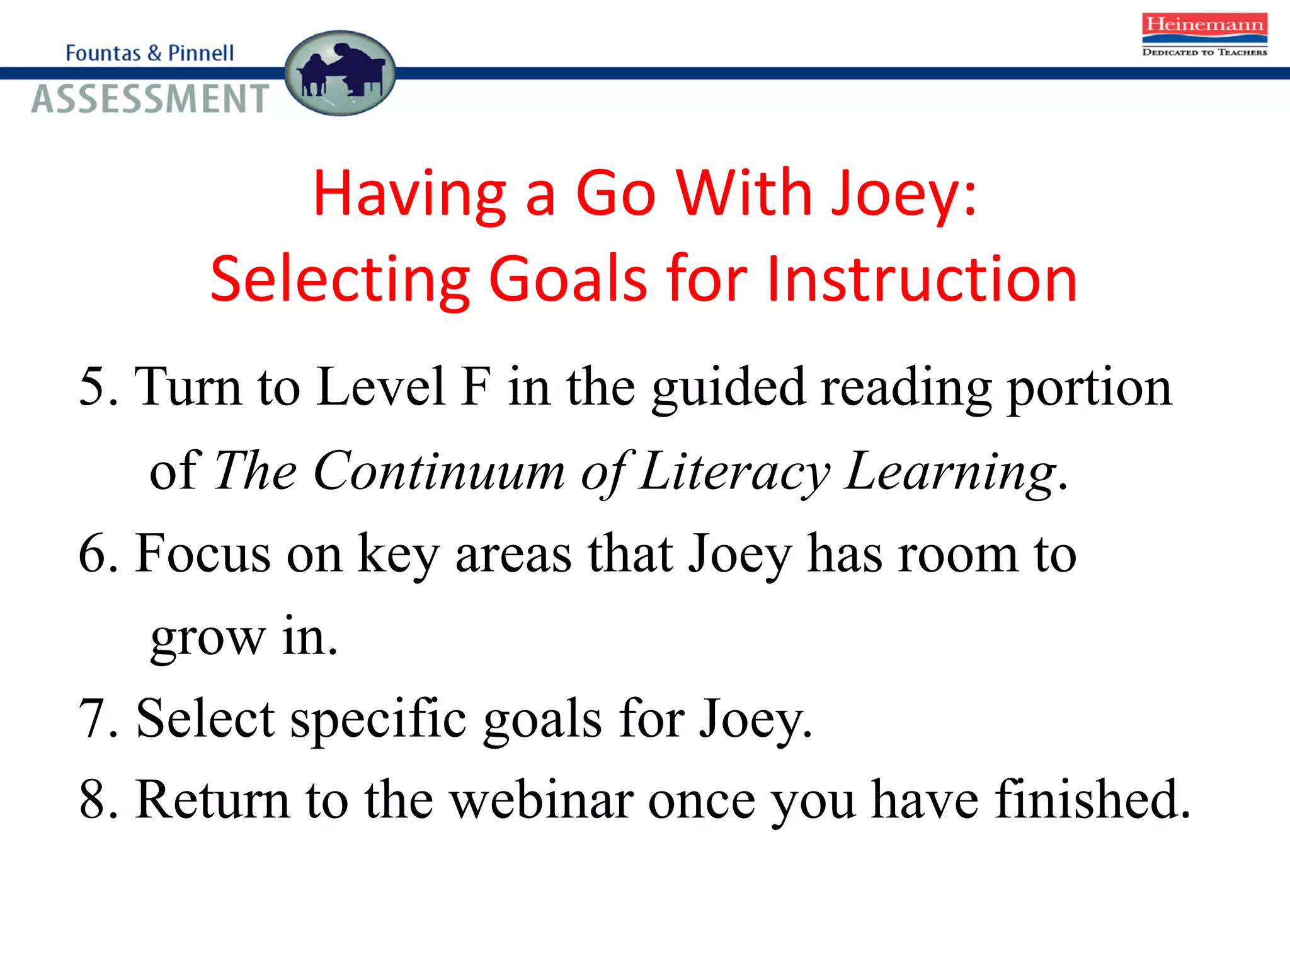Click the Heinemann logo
click(x=1204, y=35)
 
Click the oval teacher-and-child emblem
click(x=340, y=73)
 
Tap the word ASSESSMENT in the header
click(x=151, y=99)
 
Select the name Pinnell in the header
click(x=201, y=53)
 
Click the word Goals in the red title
click(x=568, y=279)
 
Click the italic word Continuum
click(x=439, y=471)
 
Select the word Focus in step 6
click(x=203, y=553)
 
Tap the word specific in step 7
click(x=378, y=718)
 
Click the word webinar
click(x=542, y=800)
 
